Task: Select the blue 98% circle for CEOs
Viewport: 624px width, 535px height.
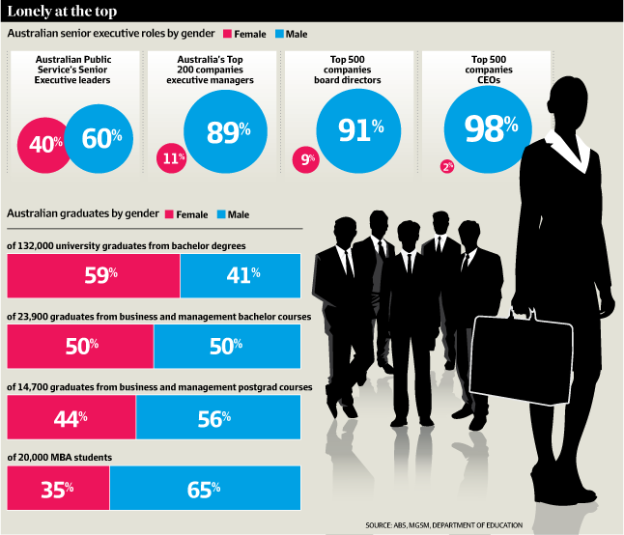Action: point(488,129)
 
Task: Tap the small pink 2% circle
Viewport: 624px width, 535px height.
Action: point(447,166)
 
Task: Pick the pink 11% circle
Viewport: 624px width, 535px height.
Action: point(172,158)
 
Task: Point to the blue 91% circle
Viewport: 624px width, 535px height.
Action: point(358,131)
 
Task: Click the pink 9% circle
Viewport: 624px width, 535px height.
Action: point(305,160)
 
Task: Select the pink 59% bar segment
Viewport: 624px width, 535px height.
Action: point(94,275)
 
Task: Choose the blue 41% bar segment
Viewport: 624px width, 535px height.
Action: point(241,275)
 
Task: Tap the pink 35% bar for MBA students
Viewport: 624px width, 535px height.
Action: point(58,488)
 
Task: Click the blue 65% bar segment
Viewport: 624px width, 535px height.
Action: point(205,488)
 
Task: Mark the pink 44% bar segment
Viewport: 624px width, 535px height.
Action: point(71,417)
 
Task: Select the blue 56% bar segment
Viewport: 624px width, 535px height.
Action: point(218,417)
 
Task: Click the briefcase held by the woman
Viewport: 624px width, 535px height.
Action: point(522,358)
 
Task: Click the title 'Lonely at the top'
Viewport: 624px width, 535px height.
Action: point(62,12)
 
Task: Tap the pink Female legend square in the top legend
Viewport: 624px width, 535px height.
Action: point(227,34)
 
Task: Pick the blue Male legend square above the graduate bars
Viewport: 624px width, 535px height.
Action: point(221,214)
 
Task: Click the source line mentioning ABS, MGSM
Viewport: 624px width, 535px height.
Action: point(443,525)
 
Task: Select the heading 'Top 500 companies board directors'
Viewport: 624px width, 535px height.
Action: point(348,70)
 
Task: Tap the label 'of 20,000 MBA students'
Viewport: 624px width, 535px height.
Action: point(59,458)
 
